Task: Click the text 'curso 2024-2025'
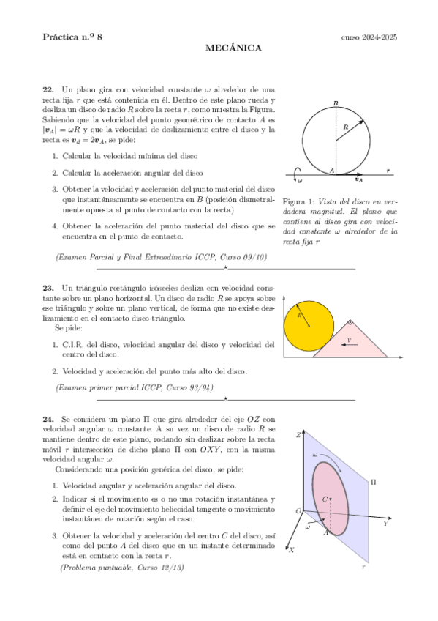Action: pyautogui.click(x=369, y=37)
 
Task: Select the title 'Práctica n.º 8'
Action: pyautogui.click(x=72, y=37)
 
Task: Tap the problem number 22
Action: pyautogui.click(x=48, y=89)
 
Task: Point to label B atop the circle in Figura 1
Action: pyautogui.click(x=336, y=103)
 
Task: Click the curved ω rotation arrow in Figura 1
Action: pyautogui.click(x=296, y=172)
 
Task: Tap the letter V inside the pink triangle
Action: pyautogui.click(x=349, y=341)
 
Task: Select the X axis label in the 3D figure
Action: pyautogui.click(x=291, y=549)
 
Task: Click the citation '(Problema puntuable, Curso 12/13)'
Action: pyautogui.click(x=121, y=568)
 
